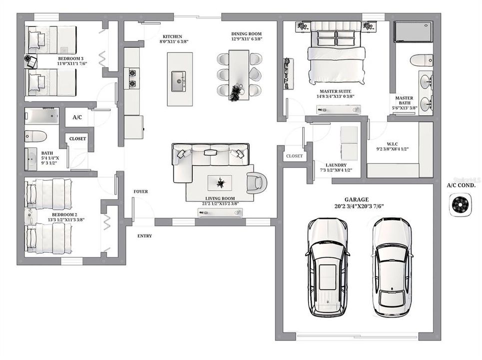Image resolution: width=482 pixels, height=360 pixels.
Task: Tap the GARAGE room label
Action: click(x=356, y=199)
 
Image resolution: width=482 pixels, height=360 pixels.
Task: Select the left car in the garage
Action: click(x=327, y=267)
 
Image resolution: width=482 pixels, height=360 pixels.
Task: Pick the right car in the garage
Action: click(x=393, y=267)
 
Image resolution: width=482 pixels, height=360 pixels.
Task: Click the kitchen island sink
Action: click(x=178, y=81)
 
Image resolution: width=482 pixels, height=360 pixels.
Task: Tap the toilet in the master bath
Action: click(x=421, y=60)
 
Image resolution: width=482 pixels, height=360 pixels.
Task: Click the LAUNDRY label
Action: click(x=336, y=165)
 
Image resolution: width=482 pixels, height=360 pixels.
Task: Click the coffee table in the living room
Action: click(x=220, y=183)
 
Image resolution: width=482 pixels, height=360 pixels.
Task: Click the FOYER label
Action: click(x=140, y=191)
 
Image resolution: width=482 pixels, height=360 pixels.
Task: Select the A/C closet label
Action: click(x=77, y=118)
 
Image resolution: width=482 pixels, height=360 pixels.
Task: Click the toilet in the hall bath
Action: click(x=35, y=136)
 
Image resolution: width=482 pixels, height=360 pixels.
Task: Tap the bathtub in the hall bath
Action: click(x=42, y=116)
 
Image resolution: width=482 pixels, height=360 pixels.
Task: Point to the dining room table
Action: click(x=239, y=75)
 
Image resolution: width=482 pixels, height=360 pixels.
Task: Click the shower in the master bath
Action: click(x=413, y=31)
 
